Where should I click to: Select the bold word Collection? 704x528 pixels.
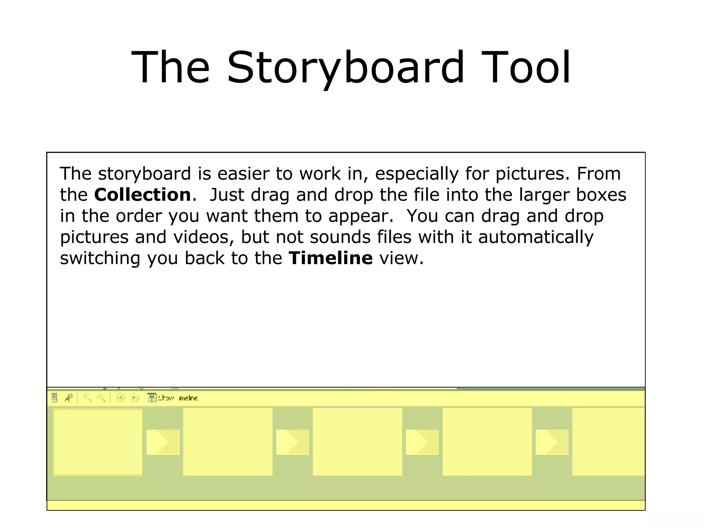tap(142, 195)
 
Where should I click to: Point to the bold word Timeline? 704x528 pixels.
tap(331, 258)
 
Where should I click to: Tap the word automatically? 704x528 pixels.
tap(536, 237)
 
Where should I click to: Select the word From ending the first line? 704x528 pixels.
tap(598, 174)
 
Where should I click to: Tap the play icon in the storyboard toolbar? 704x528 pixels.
tap(134, 398)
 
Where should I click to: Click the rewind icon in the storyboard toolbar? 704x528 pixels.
tap(120, 398)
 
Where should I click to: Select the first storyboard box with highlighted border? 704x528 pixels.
tap(98, 442)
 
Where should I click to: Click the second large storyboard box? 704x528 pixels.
tap(228, 442)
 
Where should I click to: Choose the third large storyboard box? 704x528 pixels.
tap(357, 442)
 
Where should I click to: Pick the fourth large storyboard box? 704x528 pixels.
tap(487, 442)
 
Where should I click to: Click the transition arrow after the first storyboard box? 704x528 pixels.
tap(163, 442)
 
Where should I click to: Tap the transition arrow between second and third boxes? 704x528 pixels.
tap(292, 442)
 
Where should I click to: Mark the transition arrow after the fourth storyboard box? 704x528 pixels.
tap(552, 442)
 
